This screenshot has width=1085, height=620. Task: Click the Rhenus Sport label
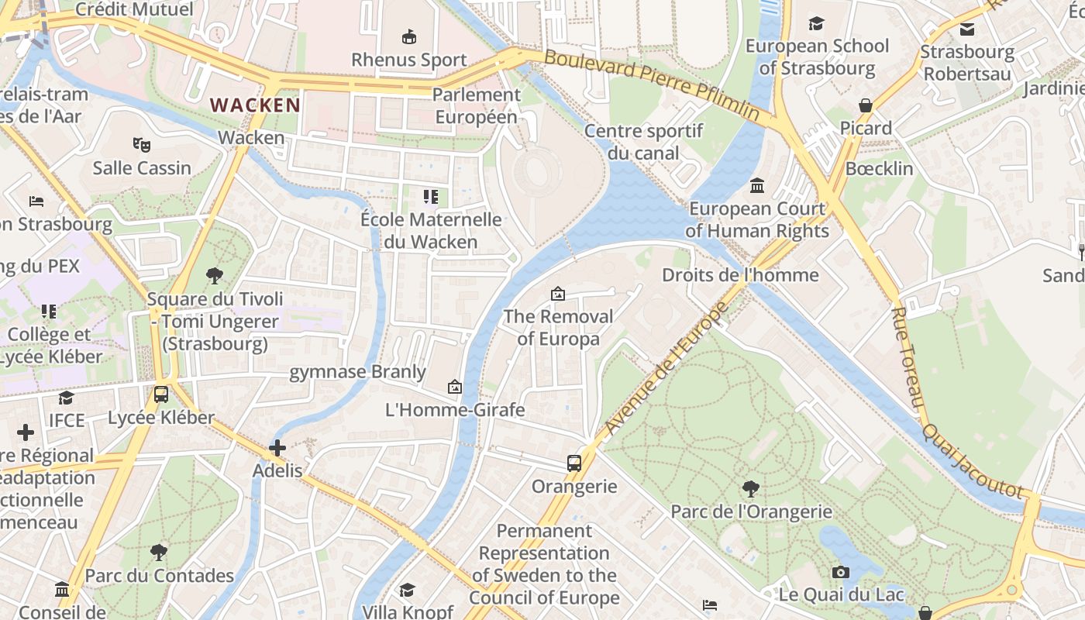click(x=409, y=60)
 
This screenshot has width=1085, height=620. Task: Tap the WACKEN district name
click(x=255, y=105)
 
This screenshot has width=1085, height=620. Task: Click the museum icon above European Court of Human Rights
click(x=757, y=186)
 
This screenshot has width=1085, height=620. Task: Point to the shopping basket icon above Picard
click(x=866, y=105)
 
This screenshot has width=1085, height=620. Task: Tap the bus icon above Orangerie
click(x=574, y=463)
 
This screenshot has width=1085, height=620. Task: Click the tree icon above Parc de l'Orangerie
click(x=750, y=489)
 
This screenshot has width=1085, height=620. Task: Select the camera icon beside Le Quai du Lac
click(x=841, y=573)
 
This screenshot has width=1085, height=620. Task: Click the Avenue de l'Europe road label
click(x=666, y=369)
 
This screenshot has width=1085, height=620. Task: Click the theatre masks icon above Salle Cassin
click(x=141, y=144)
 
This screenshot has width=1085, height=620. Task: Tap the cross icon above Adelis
click(x=277, y=447)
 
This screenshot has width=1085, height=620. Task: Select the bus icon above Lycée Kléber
click(x=161, y=394)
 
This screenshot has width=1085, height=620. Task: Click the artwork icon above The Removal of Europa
click(x=557, y=294)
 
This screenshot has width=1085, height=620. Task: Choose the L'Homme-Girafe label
click(x=455, y=409)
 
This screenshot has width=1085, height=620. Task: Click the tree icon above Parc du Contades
click(x=159, y=553)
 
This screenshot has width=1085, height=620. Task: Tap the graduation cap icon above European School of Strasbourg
click(x=816, y=23)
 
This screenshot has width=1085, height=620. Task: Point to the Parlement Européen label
click(x=476, y=105)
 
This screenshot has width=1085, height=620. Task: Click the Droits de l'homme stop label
click(x=740, y=275)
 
